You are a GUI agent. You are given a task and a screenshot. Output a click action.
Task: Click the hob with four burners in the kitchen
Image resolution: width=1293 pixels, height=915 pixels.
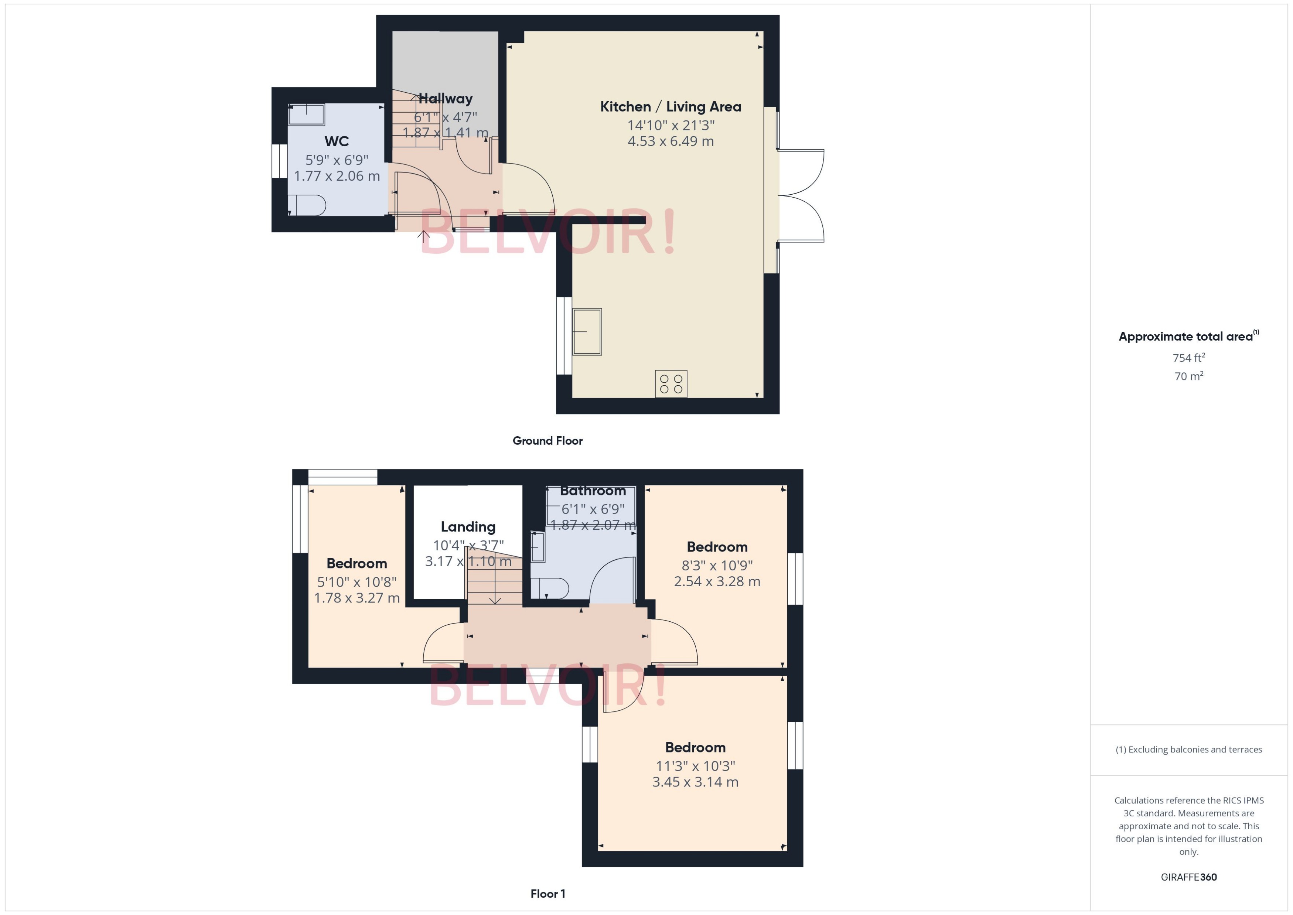pos(671,384)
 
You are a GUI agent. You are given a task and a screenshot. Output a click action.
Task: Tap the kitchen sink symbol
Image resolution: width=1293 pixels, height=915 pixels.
pos(587,332)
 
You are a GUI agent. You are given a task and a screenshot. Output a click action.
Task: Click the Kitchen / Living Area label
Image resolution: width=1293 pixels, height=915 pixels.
pos(671,106)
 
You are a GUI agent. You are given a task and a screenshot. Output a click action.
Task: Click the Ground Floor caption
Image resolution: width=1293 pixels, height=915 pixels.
pos(547,441)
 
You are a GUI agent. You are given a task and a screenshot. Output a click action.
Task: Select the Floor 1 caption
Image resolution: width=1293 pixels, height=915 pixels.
pos(547,894)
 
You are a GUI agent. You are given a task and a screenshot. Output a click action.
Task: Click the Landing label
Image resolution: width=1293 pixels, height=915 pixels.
pos(468,527)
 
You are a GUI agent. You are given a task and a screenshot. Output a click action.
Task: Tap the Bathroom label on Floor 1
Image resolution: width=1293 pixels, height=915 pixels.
pos(593,491)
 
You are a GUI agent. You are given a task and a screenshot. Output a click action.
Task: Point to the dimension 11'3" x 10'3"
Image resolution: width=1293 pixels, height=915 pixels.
pos(695,766)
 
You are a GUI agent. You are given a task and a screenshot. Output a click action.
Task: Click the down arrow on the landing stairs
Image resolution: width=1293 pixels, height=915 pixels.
pos(495,600)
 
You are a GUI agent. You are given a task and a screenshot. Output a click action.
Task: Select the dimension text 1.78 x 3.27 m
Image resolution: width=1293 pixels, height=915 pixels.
pos(356,598)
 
